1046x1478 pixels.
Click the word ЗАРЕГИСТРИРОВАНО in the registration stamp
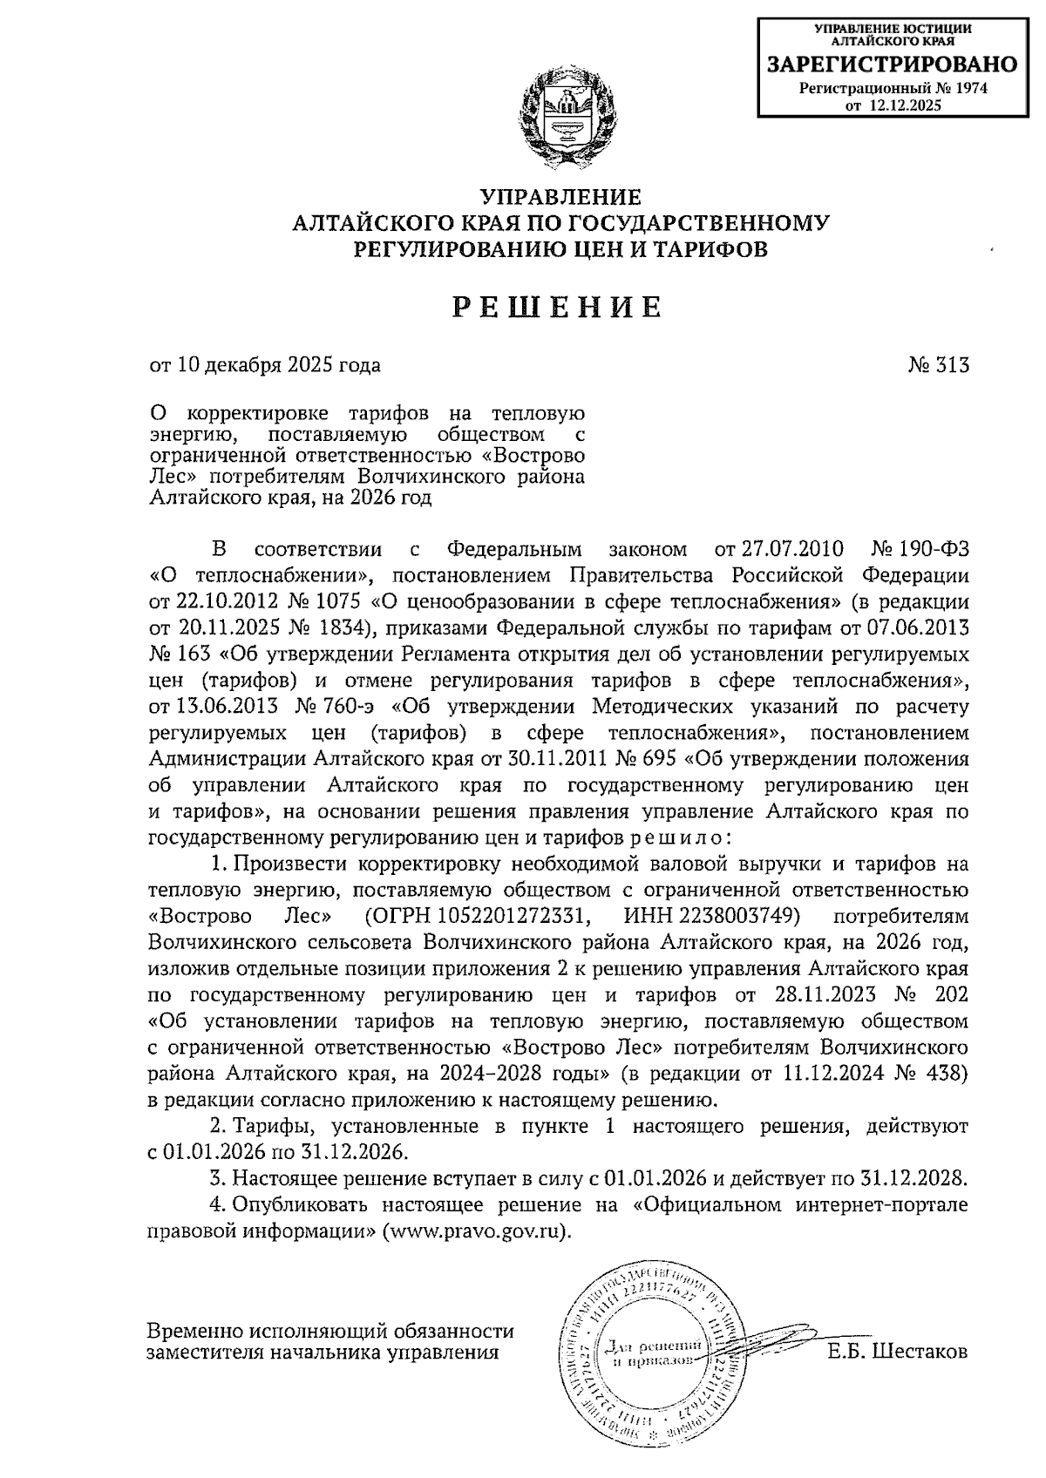pyautogui.click(x=892, y=64)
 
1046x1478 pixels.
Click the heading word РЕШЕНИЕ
pyautogui.click(x=558, y=307)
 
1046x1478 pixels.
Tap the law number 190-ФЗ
pyautogui.click(x=933, y=550)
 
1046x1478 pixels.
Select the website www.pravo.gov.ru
pyautogui.click(x=474, y=1232)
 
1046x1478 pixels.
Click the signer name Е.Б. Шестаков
pyautogui.click(x=897, y=1353)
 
